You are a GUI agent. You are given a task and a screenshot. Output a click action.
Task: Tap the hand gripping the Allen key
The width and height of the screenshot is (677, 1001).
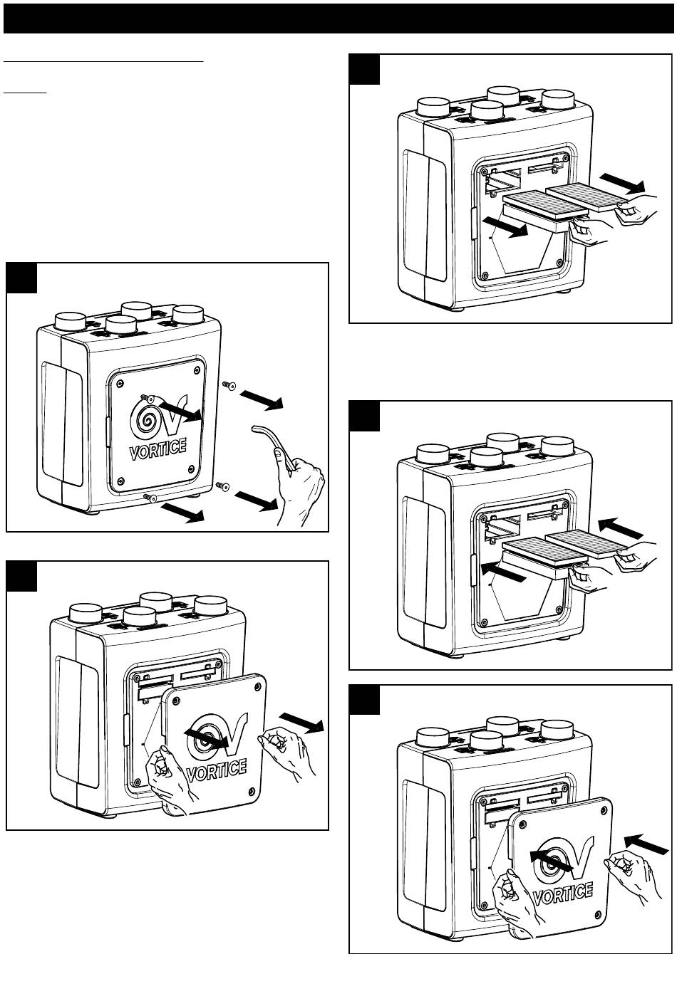tap(303, 487)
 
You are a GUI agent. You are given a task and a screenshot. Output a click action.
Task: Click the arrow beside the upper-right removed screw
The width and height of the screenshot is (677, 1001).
tap(263, 400)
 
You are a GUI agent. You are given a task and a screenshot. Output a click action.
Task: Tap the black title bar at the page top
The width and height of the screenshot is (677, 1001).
tap(338, 19)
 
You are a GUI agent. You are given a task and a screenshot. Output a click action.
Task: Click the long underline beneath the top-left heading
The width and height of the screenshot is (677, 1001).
tap(104, 62)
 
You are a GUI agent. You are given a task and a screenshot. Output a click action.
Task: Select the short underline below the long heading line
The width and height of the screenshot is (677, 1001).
tap(25, 93)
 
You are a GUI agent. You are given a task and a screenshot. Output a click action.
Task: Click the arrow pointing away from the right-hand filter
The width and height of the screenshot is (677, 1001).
tap(621, 184)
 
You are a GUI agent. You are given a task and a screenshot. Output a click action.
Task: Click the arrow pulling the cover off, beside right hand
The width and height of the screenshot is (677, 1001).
tap(302, 721)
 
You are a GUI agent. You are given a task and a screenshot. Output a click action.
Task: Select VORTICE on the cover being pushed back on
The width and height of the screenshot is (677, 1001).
tap(562, 893)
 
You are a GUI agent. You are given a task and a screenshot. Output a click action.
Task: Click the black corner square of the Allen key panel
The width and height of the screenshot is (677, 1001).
tap(21, 278)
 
